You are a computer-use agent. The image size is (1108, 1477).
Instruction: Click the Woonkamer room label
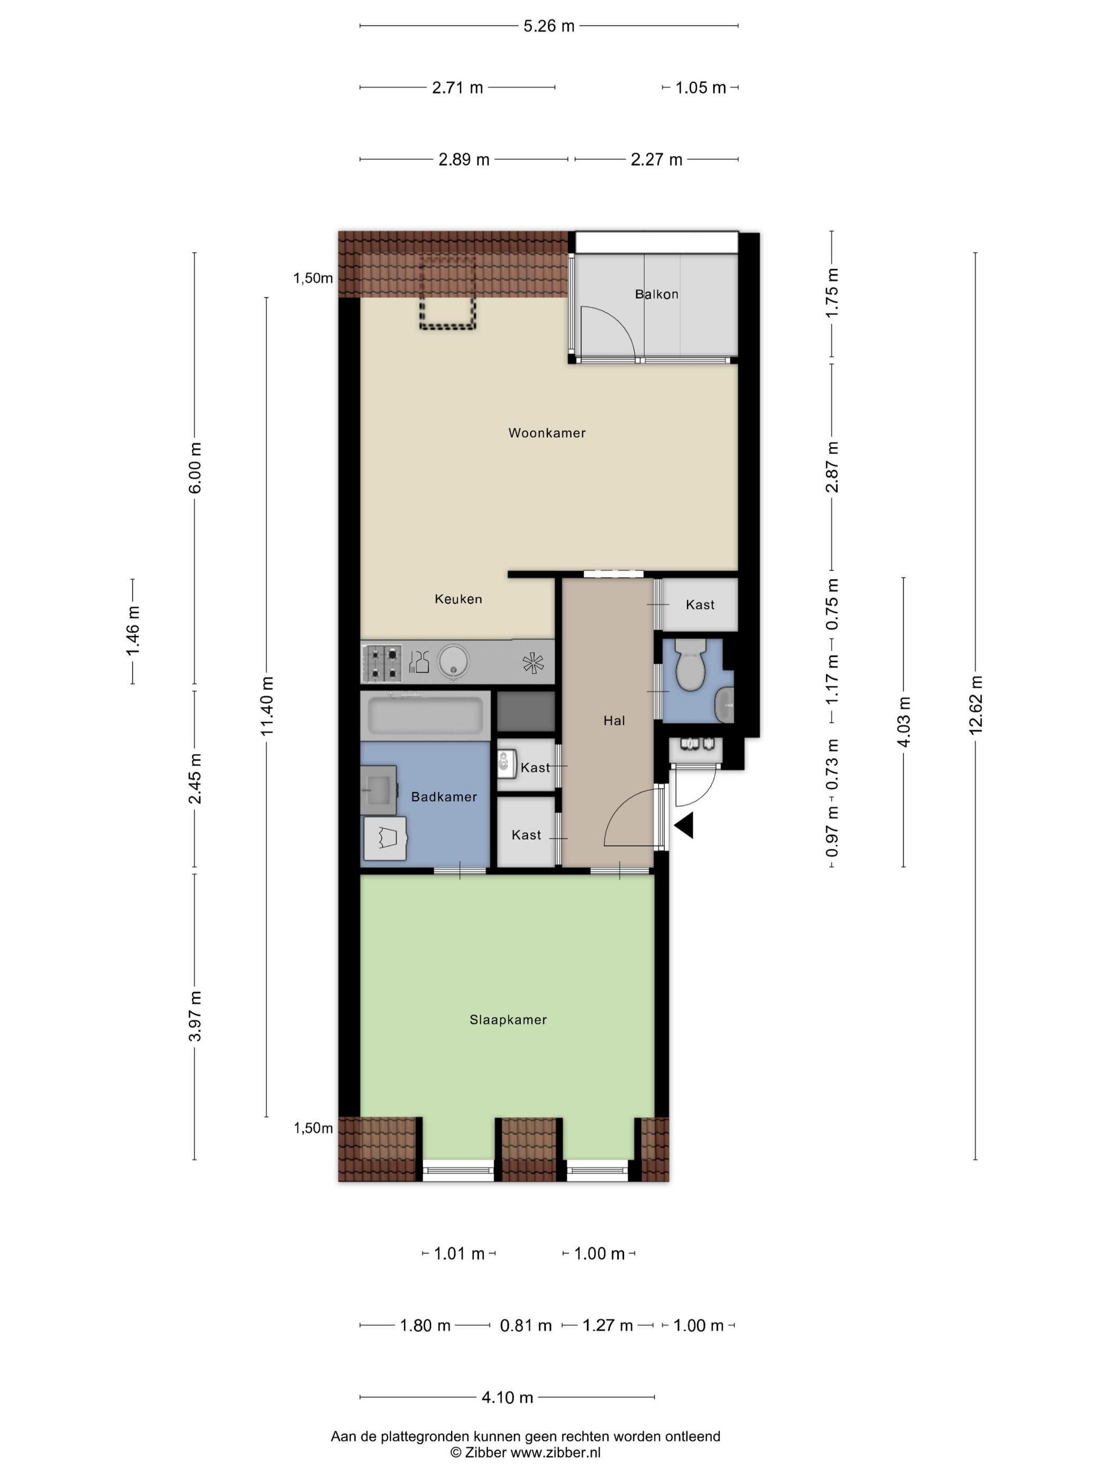point(546,433)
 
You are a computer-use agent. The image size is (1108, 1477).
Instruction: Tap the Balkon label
point(656,294)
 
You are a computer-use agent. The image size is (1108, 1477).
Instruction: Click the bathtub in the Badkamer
point(425,715)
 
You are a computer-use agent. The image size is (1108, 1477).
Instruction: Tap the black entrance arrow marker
point(684,826)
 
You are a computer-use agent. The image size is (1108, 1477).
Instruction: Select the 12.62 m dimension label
point(975,704)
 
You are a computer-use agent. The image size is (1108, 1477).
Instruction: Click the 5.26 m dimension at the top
point(548,26)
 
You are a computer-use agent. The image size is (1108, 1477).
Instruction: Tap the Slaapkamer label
point(508,1019)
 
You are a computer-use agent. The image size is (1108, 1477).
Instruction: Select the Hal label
point(614,721)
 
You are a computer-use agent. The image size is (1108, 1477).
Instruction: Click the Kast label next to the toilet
point(699,605)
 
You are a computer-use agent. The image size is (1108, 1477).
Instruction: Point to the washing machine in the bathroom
point(385,838)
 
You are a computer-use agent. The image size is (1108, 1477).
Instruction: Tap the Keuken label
point(457,599)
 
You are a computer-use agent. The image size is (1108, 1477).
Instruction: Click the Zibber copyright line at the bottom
point(525,1452)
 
